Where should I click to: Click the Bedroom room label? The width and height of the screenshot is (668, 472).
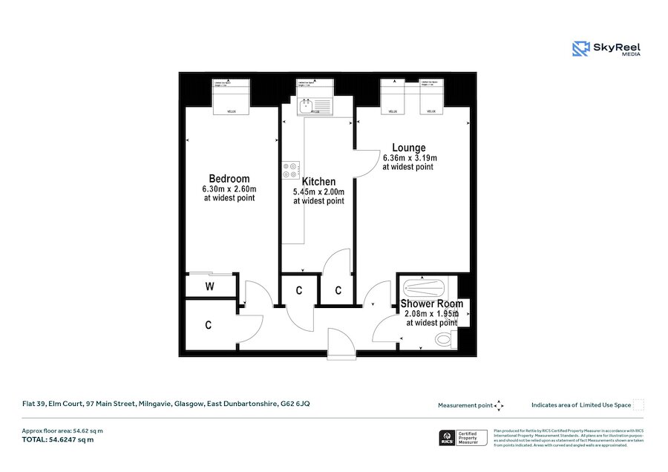pos(229,179)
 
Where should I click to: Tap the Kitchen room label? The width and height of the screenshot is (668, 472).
pos(318,182)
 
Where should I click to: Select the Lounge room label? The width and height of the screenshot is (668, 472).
pos(409,148)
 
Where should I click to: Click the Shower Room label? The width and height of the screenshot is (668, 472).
pos(431,304)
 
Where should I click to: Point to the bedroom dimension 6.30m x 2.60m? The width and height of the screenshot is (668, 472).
pos(229,189)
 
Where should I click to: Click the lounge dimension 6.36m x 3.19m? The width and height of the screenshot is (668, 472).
pos(410,158)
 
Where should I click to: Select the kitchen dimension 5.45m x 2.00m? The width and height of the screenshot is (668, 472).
pos(318,191)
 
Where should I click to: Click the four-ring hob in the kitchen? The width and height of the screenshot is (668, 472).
pos(289,171)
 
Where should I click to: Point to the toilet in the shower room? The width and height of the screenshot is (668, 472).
pos(445,340)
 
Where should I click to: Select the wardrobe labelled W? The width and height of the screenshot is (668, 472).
pos(209,286)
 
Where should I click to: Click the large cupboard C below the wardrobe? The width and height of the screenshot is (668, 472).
pos(209,325)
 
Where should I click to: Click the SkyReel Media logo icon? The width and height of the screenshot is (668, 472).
pos(580,49)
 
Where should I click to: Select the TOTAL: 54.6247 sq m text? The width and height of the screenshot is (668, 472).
pos(58,440)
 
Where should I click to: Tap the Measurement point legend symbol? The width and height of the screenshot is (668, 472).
pos(499,405)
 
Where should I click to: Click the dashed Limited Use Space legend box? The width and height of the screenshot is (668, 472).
pos(638,404)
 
